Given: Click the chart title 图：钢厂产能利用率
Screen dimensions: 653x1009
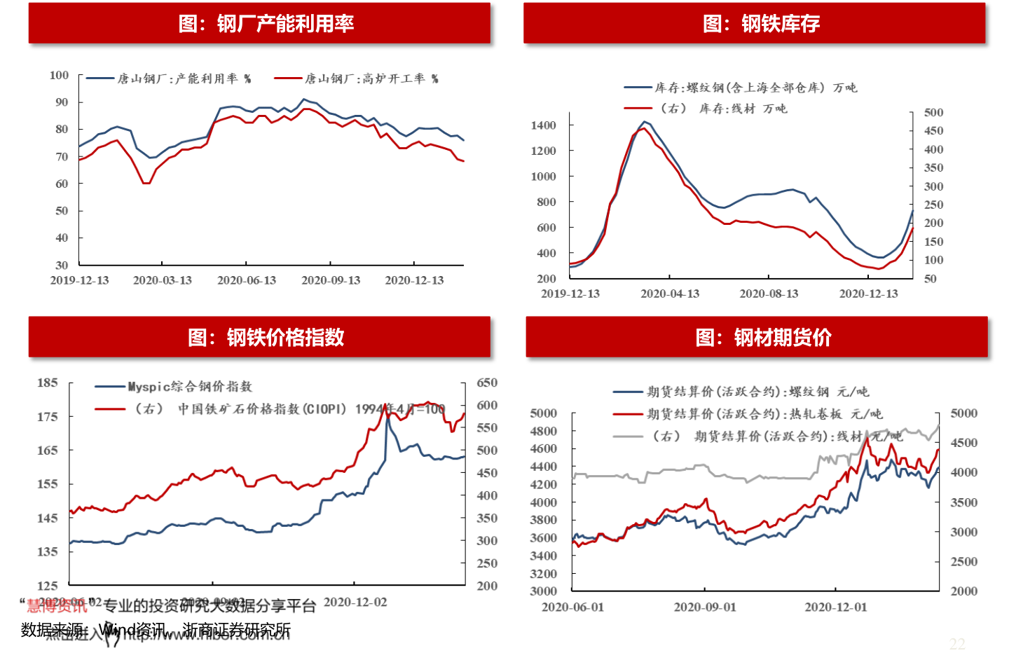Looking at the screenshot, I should point(266,24).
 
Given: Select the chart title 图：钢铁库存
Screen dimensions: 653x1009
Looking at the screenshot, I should point(761,24).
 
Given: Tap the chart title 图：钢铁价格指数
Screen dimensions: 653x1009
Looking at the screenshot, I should point(266,337).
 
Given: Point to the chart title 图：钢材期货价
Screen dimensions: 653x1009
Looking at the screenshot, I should point(763,337).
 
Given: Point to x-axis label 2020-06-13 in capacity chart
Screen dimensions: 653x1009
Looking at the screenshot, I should point(247,280).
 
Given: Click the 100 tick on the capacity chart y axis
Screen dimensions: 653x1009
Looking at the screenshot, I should point(60,75).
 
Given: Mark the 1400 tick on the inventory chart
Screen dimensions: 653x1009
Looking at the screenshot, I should point(543,125).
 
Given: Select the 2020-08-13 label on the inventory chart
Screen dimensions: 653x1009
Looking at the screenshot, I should point(769,294).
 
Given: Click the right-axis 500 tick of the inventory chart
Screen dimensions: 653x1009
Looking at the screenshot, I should point(933,112).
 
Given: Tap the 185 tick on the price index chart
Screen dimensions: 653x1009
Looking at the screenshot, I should point(48,383).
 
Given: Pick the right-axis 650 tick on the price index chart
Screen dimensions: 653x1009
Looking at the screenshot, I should point(487,383).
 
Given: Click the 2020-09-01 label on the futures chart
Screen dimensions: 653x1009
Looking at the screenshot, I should point(705,607).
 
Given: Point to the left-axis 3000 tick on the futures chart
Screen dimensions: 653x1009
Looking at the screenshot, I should point(543,591).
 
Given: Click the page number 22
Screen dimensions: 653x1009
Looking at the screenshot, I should point(957,643).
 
